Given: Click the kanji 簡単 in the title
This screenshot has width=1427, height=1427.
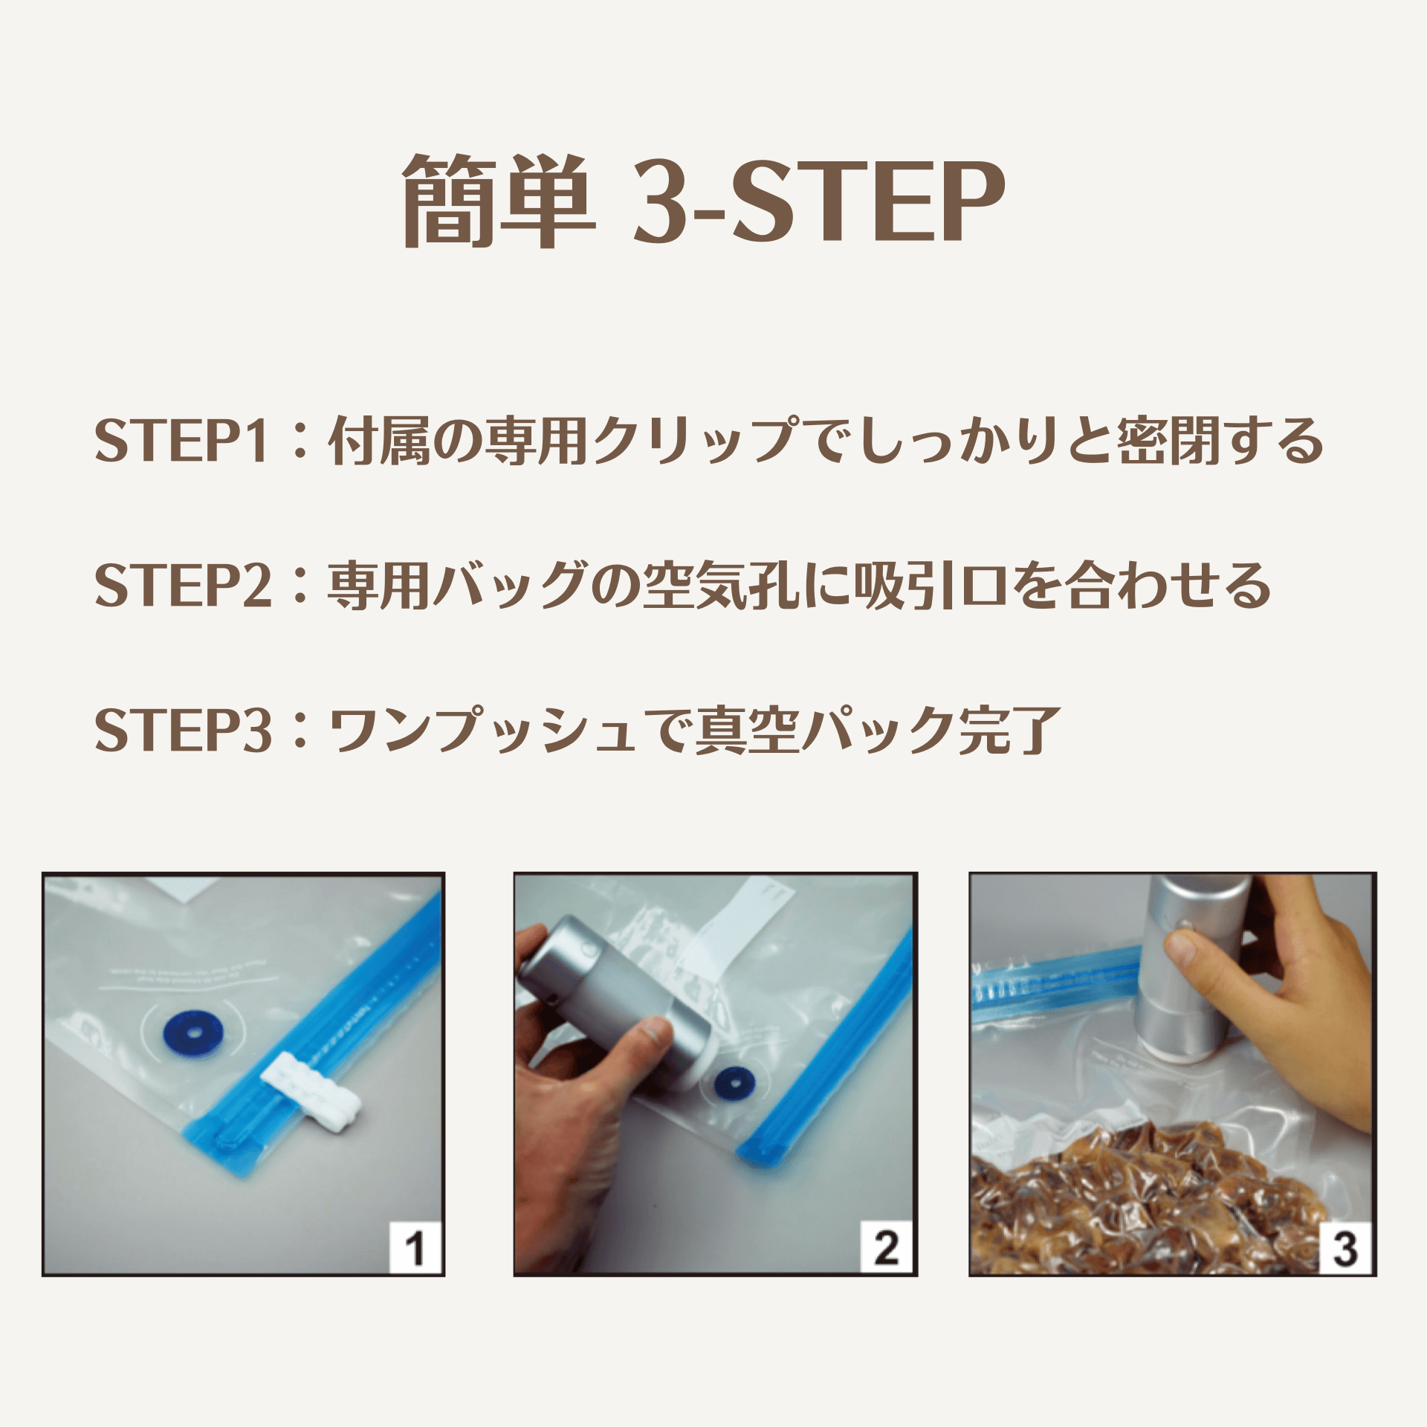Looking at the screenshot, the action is [499, 201].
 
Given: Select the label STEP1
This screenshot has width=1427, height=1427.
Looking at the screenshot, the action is [181, 441].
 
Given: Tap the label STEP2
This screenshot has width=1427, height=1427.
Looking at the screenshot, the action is [184, 585].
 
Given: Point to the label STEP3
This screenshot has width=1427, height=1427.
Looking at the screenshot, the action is [184, 730].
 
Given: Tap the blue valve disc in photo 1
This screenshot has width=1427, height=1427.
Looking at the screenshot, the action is [192, 1033].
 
